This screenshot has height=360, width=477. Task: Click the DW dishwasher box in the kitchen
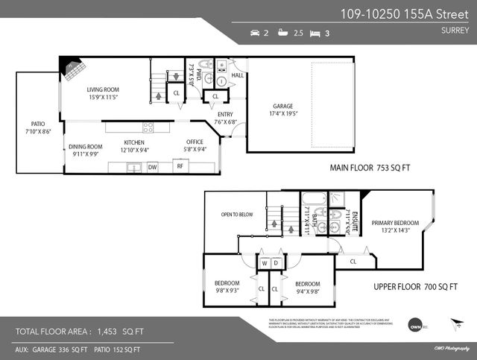click(152, 167)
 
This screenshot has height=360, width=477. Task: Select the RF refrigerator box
click(180, 167)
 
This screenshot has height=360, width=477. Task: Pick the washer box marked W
click(265, 262)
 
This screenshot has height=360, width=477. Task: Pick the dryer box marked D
click(276, 262)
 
